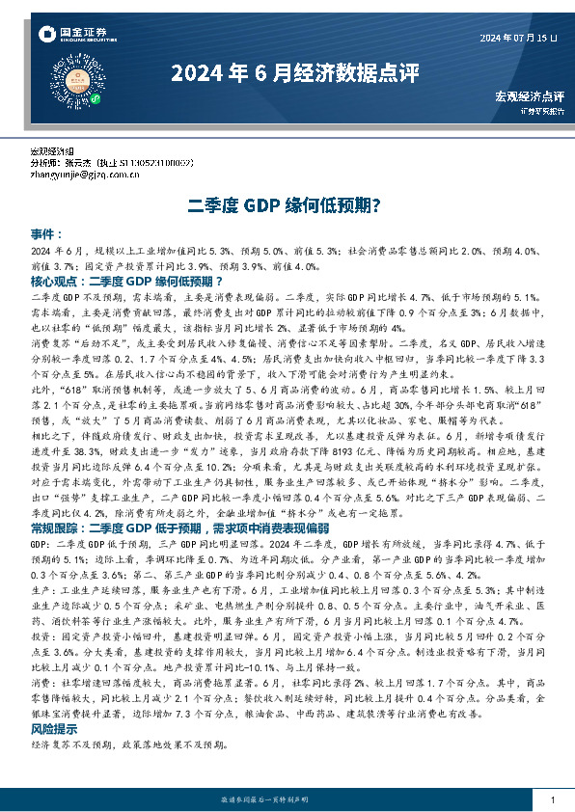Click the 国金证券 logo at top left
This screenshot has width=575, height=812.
tap(73, 36)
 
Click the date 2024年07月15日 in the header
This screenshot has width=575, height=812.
tap(519, 38)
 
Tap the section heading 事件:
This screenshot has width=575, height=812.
tap(46, 234)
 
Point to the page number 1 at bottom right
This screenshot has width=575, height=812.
tap(552, 800)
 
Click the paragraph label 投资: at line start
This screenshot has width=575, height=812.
tap(41, 636)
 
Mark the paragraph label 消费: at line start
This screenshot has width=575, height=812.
tap(41, 682)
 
